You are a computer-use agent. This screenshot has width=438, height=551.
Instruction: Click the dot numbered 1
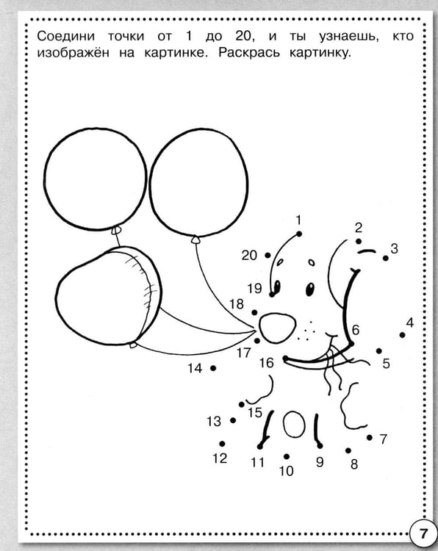[x=299, y=234]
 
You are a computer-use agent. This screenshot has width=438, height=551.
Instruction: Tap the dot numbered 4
[x=402, y=335]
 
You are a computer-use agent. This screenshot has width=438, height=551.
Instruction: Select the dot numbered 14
[x=213, y=368]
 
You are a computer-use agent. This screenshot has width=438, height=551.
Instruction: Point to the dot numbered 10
[x=287, y=456]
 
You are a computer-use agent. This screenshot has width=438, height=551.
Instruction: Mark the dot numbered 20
[x=268, y=255]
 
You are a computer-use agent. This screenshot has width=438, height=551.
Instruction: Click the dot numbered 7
[x=370, y=438]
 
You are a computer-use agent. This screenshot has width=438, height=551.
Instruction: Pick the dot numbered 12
[x=222, y=444]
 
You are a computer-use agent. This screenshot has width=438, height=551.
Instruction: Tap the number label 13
[x=214, y=421]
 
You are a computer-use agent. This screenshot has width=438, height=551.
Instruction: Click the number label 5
[x=387, y=364]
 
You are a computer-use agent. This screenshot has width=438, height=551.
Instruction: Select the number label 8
[x=354, y=464]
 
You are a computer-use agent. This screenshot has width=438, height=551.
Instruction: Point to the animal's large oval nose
[x=277, y=328]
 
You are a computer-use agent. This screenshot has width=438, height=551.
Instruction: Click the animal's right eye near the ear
[x=310, y=289]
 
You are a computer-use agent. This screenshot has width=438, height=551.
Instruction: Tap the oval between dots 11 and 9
[x=294, y=424]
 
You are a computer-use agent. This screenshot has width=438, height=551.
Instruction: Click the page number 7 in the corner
[x=423, y=533]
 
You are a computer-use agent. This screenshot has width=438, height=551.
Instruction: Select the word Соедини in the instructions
[x=66, y=36]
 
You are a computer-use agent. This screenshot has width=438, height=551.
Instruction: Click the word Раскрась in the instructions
[x=249, y=53]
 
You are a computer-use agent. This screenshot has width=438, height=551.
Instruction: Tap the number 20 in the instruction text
[x=243, y=36]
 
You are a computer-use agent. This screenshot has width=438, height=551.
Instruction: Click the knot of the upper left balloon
[x=116, y=230]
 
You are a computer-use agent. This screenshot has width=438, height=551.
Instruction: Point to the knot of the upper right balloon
[x=195, y=240]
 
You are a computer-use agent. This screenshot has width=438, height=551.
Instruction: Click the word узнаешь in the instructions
[x=349, y=37]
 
